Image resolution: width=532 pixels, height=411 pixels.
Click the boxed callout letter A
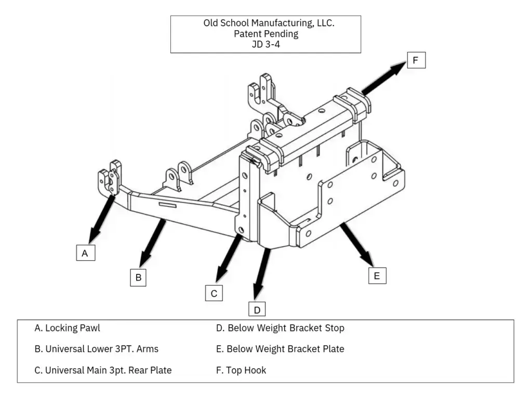pyautogui.click(x=85, y=253)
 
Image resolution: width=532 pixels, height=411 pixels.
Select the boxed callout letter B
pyautogui.click(x=138, y=277)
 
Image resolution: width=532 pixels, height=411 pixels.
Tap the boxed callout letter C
pyautogui.click(x=214, y=294)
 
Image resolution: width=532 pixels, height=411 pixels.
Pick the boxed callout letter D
pyautogui.click(x=257, y=310)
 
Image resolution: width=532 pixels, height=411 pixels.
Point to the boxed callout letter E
pyautogui.click(x=377, y=275)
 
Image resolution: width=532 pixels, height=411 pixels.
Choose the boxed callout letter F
pyautogui.click(x=415, y=60)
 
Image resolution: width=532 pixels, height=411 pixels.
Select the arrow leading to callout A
pyautogui.click(x=102, y=219)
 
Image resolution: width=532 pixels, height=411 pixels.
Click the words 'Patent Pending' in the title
pyautogui.click(x=265, y=34)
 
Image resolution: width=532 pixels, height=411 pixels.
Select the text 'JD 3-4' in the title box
pyautogui.click(x=265, y=44)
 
